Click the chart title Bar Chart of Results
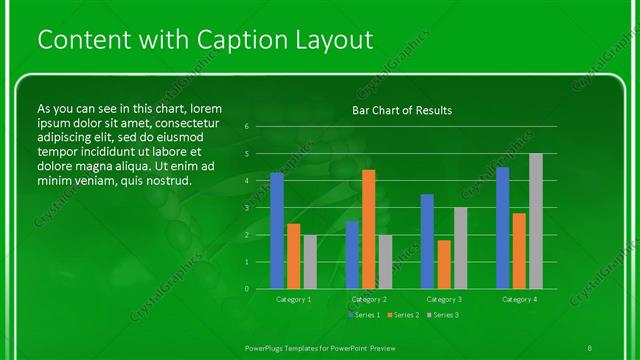pos(402,110)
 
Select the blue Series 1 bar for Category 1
pos(277,231)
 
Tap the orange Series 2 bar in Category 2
pos(368,229)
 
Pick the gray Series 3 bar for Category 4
pos(535,221)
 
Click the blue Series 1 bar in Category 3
pos(427,241)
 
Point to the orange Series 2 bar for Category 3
pos(443,264)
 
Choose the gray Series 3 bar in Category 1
pos(309,262)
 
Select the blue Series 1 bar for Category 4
pos(502,228)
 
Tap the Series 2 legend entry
pos(402,315)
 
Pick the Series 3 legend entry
pos(442,315)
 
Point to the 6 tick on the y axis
pos(247,127)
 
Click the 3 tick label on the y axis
pos(247,208)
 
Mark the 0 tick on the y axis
pos(247,289)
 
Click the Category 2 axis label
pos(369,299)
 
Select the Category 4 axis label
pos(518,299)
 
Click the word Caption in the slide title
pos(215,40)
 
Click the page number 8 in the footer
pos(590,346)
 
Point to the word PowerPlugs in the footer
pos(269,346)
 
